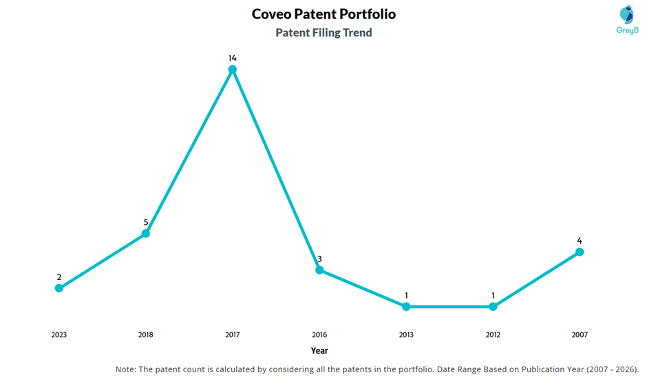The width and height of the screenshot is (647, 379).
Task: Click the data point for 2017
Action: (x=233, y=69)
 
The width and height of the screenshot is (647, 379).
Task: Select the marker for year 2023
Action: (x=59, y=288)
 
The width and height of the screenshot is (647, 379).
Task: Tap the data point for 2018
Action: (x=146, y=234)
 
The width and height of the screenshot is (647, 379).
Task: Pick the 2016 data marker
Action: (x=319, y=270)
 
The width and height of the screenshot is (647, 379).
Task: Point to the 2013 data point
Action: (x=406, y=307)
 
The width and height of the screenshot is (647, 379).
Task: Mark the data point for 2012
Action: (x=493, y=307)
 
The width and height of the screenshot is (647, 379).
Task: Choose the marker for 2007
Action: (x=580, y=252)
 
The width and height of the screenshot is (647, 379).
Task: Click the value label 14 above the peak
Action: (x=233, y=58)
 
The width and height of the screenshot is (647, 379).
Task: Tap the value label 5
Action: (x=146, y=222)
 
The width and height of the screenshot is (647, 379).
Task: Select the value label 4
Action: (x=580, y=241)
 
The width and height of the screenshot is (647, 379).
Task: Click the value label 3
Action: (x=319, y=259)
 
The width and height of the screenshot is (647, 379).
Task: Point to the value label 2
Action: (x=59, y=277)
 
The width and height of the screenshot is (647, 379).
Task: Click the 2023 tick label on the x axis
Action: (x=59, y=335)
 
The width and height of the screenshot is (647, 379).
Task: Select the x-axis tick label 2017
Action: (x=233, y=335)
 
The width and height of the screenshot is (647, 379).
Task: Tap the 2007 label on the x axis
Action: (x=580, y=335)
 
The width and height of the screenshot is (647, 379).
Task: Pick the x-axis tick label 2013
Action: (x=406, y=335)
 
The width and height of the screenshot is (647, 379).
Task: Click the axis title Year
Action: (x=319, y=351)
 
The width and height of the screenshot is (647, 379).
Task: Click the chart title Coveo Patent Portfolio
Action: (x=323, y=14)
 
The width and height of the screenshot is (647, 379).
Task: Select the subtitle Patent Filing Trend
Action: (x=323, y=32)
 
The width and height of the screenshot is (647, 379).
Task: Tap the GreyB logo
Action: (x=626, y=19)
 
